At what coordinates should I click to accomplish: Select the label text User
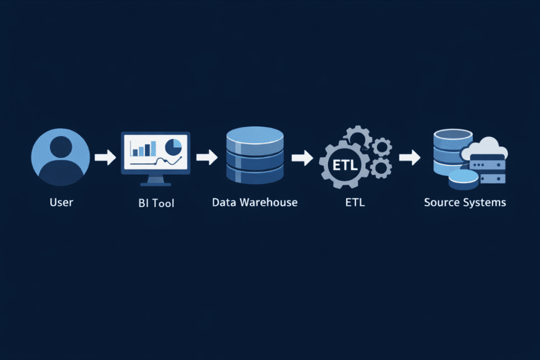61,202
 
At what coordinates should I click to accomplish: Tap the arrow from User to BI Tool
105,157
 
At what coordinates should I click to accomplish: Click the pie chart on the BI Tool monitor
173,145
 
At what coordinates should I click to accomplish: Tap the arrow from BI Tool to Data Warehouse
207,157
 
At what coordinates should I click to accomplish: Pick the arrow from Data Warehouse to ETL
302,157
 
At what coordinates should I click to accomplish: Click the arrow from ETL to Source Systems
409,157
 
